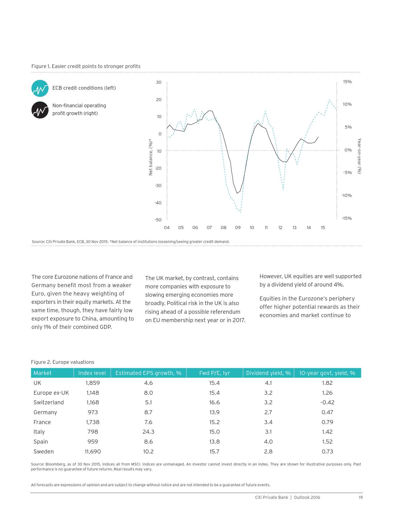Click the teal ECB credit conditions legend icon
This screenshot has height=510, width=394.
tap(40, 88)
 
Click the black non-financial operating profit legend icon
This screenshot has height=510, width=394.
tap(40, 110)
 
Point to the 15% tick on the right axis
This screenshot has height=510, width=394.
tap(347, 82)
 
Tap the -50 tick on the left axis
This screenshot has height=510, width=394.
tap(158, 220)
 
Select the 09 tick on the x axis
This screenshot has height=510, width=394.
tap(238, 228)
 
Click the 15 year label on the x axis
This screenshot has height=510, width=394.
tap(323, 228)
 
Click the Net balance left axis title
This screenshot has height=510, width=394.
tap(151, 157)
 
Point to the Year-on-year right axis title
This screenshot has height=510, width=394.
tap(359, 156)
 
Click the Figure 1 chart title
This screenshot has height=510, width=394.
tap(86, 66)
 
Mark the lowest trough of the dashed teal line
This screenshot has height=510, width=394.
tap(240, 212)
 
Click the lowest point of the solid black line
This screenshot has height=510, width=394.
tap(237, 193)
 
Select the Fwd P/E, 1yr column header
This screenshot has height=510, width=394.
tap(214, 373)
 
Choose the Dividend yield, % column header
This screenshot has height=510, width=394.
tap(268, 373)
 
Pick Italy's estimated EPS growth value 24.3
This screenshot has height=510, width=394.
tap(148, 432)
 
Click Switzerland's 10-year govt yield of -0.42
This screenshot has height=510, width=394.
tap(327, 402)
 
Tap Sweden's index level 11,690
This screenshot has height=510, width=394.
tap(93, 452)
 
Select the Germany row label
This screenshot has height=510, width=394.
tap(45, 412)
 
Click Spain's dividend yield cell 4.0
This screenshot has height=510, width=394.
tap(268, 442)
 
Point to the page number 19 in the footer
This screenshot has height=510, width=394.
tap(361, 497)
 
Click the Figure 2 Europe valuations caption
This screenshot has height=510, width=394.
tap(63, 362)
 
